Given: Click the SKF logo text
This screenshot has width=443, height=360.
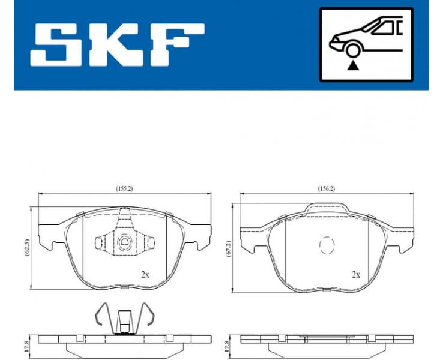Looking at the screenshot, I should pos(118,46).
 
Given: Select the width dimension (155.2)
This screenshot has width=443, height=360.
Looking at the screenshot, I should pos(124,188).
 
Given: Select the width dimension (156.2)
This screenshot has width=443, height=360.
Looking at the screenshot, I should pos(326,188).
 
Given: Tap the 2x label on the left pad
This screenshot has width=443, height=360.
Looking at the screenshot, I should pos(145,275).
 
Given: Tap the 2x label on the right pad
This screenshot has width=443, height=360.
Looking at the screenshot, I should pos(356,275).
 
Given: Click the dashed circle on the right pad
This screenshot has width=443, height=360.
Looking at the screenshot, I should pos(326,245).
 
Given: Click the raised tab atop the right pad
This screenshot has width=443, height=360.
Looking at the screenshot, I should pos(327,208).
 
